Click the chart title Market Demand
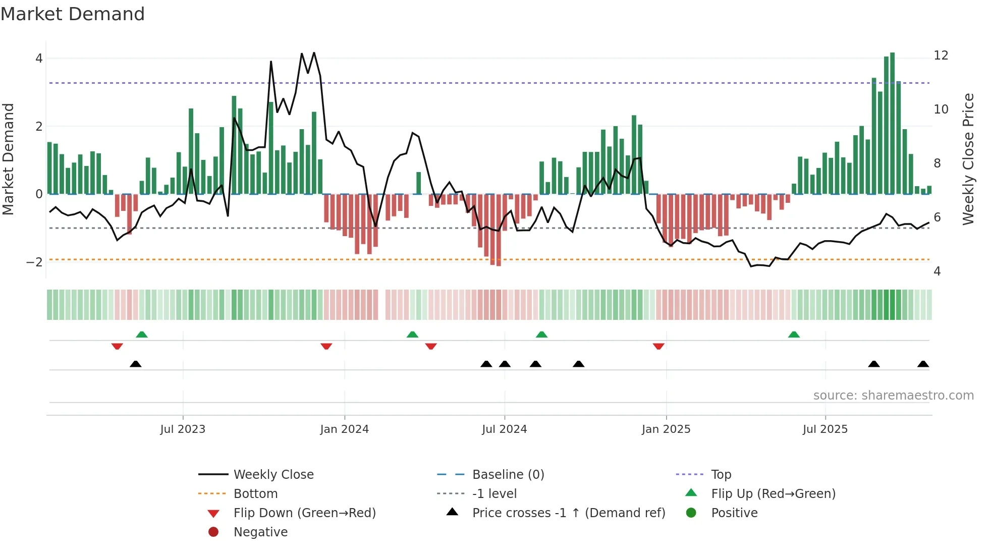click(73, 14)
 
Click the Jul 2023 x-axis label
click(183, 429)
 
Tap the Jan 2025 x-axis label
click(666, 429)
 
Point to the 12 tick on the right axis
click(941, 55)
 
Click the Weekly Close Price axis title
click(968, 159)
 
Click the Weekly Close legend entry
click(273, 475)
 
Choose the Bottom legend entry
click(255, 494)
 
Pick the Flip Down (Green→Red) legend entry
click(304, 513)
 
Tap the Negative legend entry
click(260, 532)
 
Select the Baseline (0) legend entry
click(508, 475)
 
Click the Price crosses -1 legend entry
click(568, 513)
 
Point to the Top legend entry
click(721, 475)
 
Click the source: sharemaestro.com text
click(893, 396)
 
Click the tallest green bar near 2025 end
click(892, 121)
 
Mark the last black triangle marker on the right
click(923, 364)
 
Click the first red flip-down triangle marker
click(117, 346)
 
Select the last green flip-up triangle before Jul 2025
click(794, 335)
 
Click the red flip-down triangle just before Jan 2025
click(658, 346)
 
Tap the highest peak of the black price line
click(314, 53)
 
